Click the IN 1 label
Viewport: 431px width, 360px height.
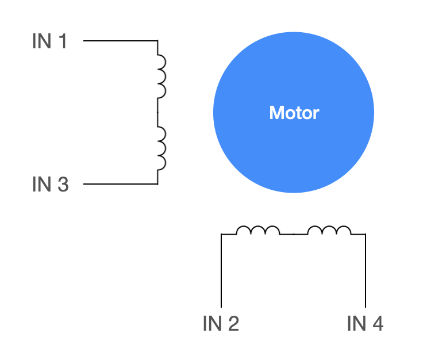[x=50, y=41]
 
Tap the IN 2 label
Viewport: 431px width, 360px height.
[x=221, y=324]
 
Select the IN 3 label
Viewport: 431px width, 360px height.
[x=50, y=184]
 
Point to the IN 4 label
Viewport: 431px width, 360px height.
[x=365, y=324]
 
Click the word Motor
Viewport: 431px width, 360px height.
[x=294, y=113]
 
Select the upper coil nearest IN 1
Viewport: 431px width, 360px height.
[x=161, y=76]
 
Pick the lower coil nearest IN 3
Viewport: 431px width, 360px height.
[x=161, y=148]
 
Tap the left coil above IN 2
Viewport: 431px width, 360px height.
[x=258, y=230]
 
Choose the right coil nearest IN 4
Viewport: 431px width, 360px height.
[x=329, y=230]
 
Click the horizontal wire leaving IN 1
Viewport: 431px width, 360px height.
[x=120, y=41]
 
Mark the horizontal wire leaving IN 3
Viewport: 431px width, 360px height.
[x=120, y=184]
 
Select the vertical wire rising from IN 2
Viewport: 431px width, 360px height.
[x=221, y=270]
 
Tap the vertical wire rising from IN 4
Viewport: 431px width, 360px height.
[x=365, y=270]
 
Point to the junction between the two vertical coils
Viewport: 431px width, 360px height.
[x=157, y=112]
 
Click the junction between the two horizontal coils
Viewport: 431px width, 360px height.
[x=294, y=234]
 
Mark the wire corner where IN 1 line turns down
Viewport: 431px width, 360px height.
[x=157, y=41]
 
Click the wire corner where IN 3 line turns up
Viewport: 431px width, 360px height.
[x=157, y=184]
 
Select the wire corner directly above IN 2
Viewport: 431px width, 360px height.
[x=221, y=234]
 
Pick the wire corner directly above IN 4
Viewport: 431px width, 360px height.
[x=365, y=234]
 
